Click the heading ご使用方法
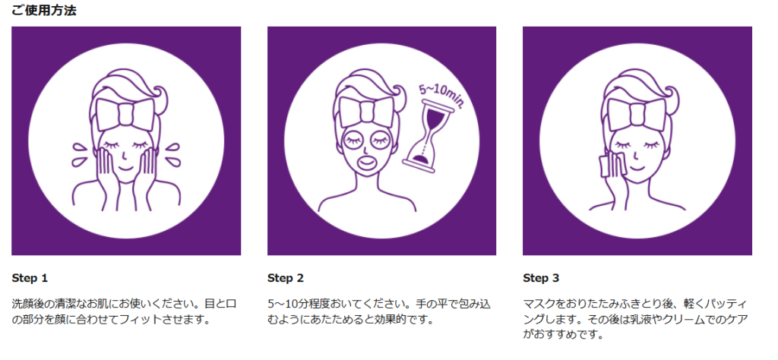44,11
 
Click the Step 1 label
30,278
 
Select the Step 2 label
286,278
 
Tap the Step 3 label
541,278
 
